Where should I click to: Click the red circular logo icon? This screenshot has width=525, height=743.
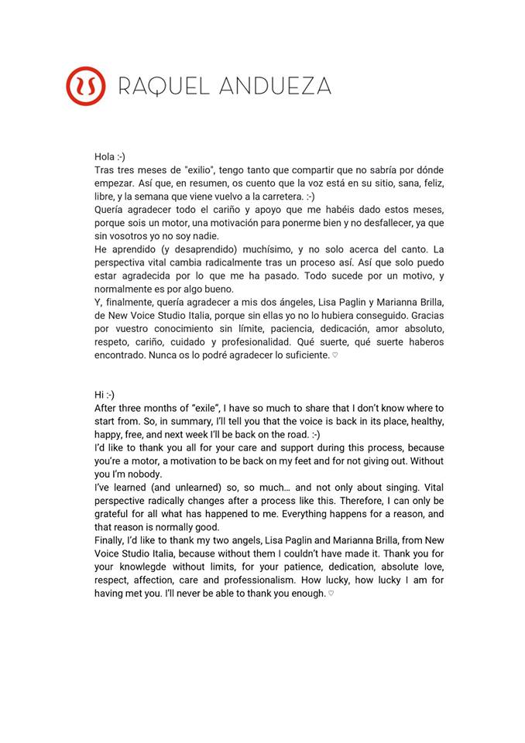click(86, 86)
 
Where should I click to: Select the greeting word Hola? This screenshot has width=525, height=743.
click(105, 156)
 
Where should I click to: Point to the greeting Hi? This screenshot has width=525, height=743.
click(100, 395)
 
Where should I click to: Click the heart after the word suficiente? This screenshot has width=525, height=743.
click(335, 356)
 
